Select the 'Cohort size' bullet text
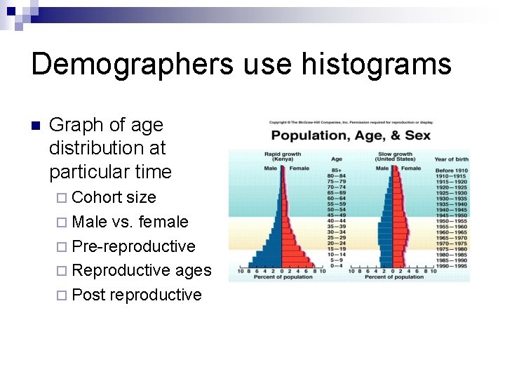[x=114, y=197]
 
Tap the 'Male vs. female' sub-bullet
[x=130, y=222]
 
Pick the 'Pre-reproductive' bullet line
[x=133, y=246]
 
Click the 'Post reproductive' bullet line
[x=137, y=295]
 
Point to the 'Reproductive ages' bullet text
[x=141, y=270]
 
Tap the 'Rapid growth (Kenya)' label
[x=283, y=157]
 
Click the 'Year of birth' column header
[x=452, y=159]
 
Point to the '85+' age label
[x=337, y=171]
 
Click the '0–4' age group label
[x=337, y=265]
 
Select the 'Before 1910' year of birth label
[x=452, y=171]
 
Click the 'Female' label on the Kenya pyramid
[x=299, y=168]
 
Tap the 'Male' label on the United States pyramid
[x=382, y=168]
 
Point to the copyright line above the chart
[x=350, y=123]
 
